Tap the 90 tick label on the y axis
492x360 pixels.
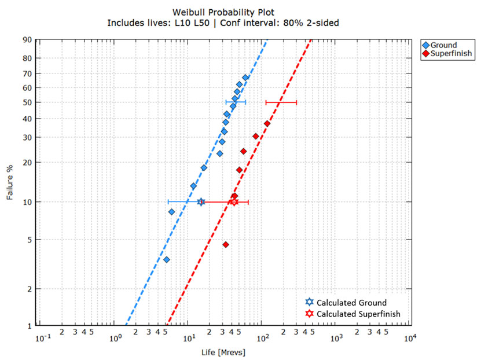tap(27, 39)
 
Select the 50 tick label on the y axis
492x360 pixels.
tap(27, 102)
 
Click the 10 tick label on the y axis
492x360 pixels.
tap(27, 202)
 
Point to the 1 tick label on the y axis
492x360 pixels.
tap(29, 326)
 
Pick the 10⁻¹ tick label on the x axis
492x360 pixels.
tap(42, 337)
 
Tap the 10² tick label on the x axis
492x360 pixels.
tap(263, 337)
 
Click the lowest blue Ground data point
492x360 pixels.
tap(167, 260)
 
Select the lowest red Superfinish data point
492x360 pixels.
tap(226, 245)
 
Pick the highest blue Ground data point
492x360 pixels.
tap(245, 78)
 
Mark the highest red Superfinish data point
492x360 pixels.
tap(267, 123)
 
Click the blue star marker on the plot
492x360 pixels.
tap(201, 202)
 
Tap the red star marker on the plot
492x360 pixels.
tap(234, 202)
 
